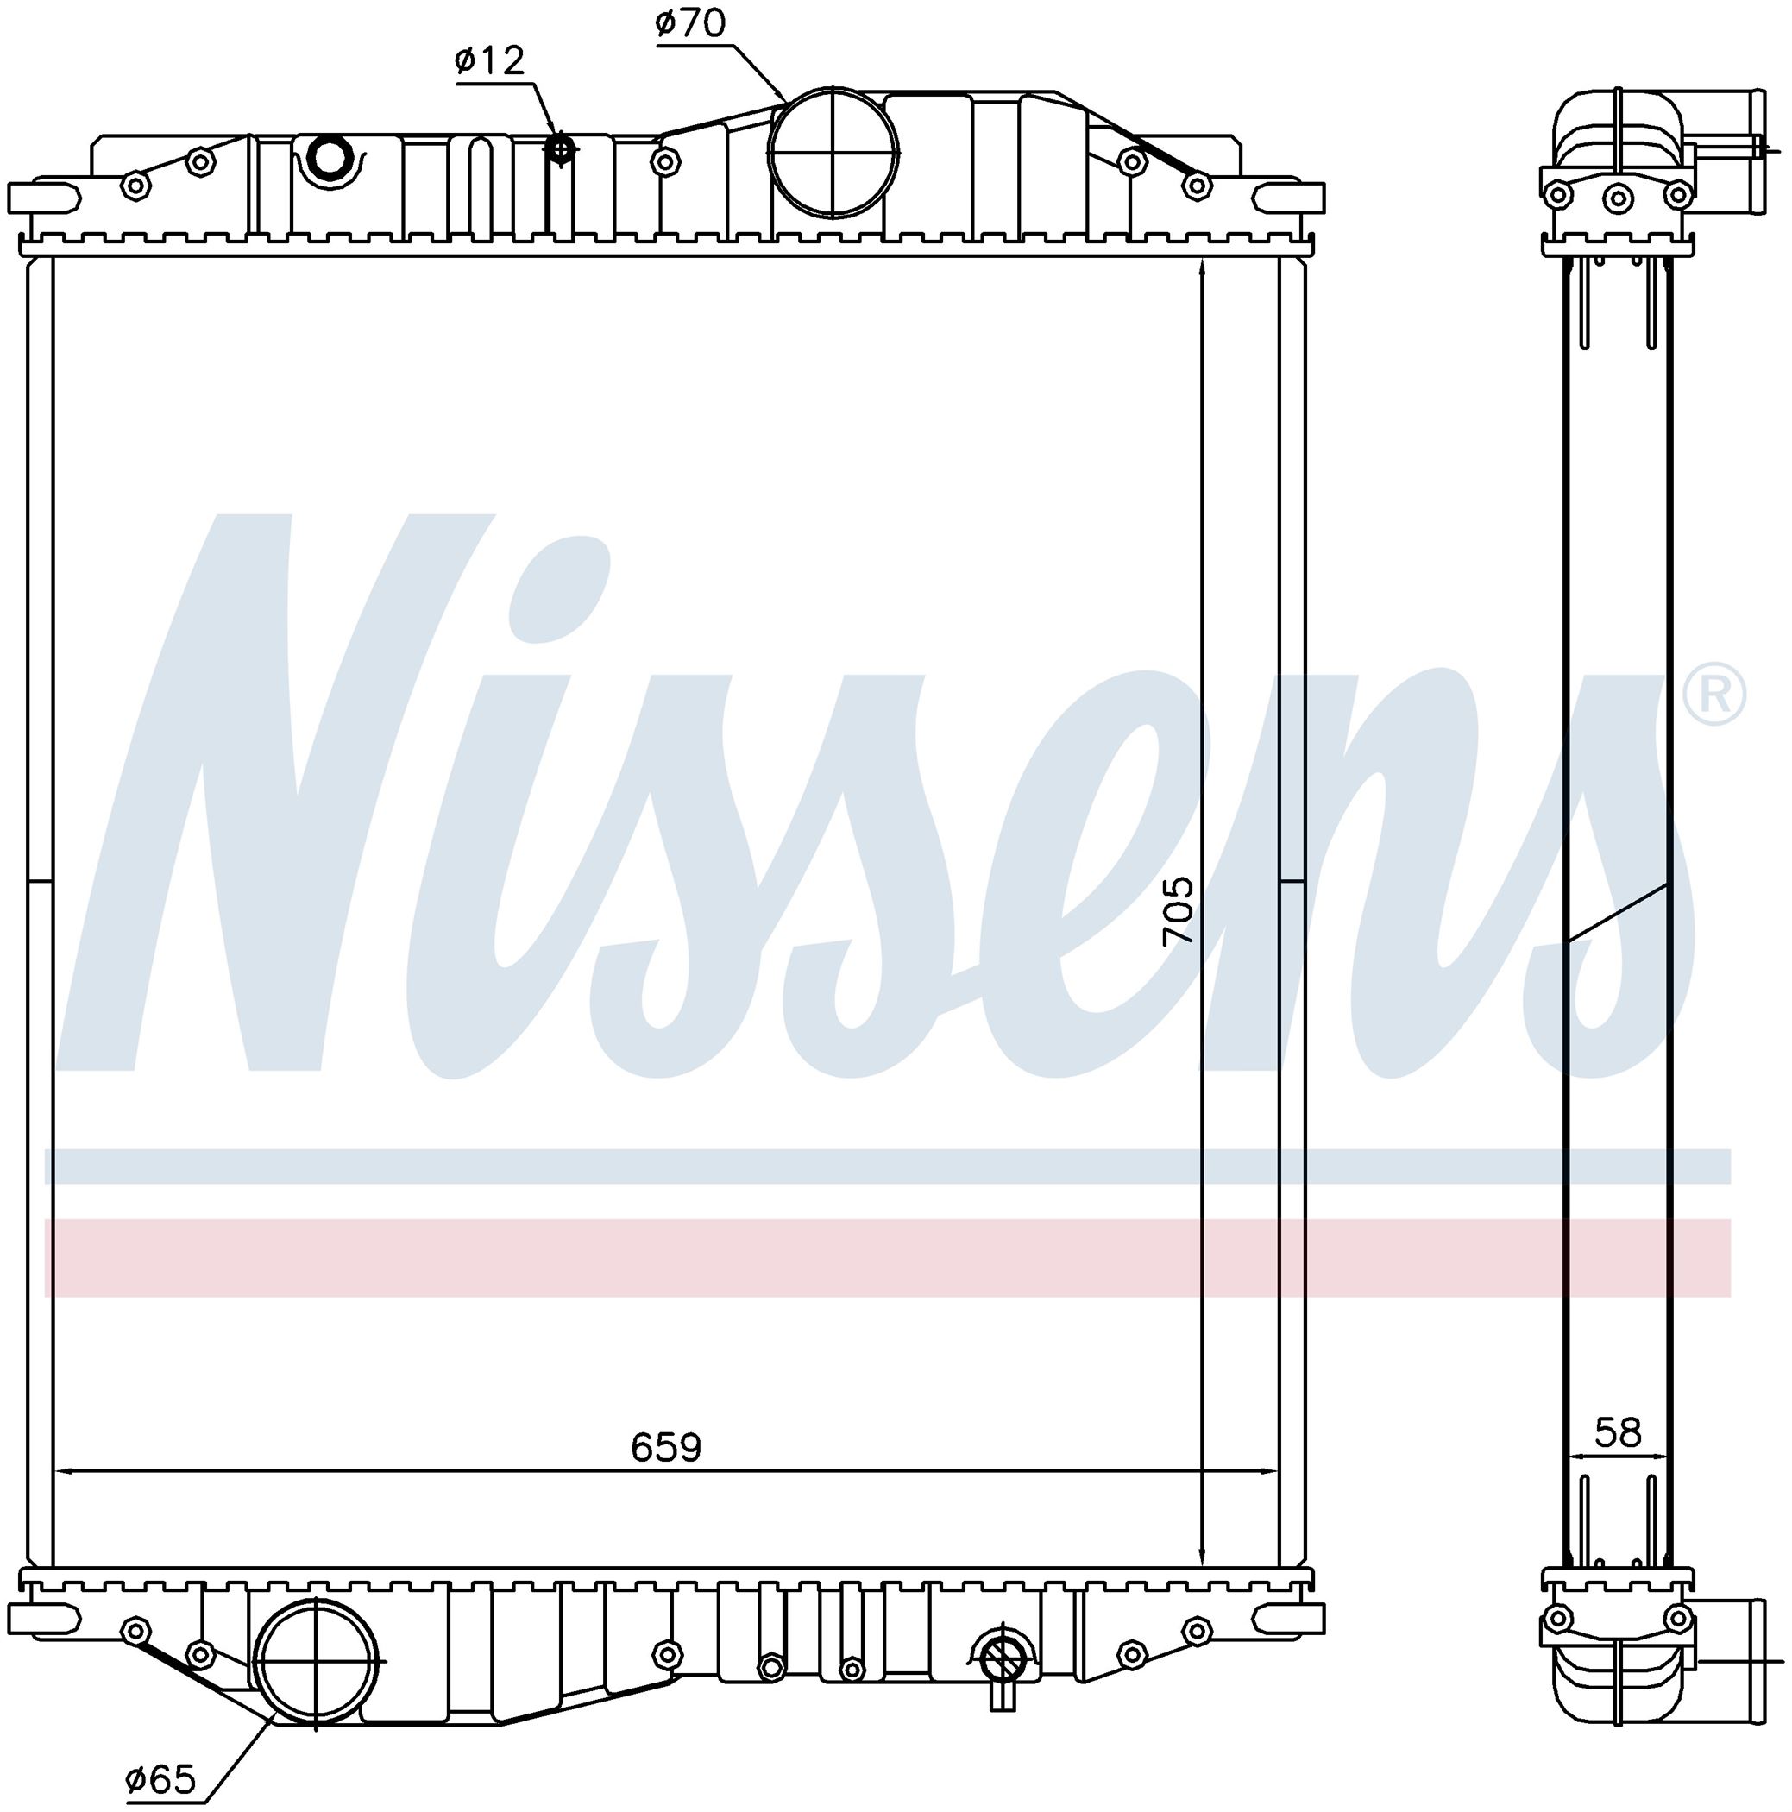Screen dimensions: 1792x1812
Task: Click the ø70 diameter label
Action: tap(690, 23)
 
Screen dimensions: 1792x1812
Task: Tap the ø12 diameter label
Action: tap(489, 62)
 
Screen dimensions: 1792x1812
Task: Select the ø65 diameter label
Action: tap(160, 1779)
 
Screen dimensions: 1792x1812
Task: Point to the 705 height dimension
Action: tap(1178, 909)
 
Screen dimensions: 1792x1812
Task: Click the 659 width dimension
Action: tap(666, 1447)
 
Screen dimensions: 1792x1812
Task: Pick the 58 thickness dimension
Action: tap(1619, 1432)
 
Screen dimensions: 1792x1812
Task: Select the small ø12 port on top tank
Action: tap(560, 148)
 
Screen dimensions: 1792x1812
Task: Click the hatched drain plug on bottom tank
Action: tap(1003, 1660)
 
